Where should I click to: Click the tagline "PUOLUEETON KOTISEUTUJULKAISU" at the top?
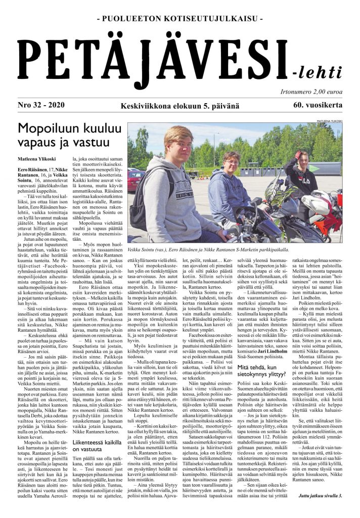[x=179, y=19]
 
